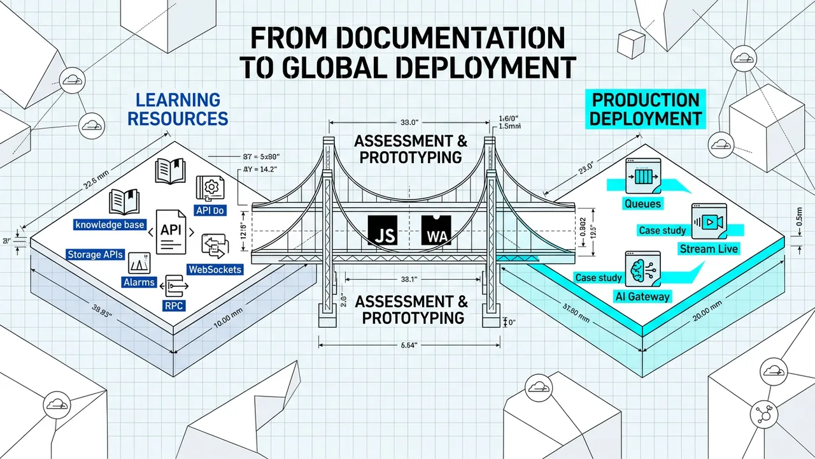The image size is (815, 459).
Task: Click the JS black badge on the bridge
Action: (384, 230)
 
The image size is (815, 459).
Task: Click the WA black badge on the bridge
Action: (436, 230)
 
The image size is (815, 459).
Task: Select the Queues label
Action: (643, 204)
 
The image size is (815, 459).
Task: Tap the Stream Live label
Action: (709, 249)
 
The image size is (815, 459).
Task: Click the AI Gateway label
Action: (642, 296)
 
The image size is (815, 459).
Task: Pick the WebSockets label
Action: (215, 270)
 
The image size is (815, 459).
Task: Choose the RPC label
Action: (174, 305)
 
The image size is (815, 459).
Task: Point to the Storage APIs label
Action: (95, 254)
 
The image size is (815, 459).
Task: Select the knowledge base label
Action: (110, 224)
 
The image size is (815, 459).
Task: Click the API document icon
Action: (174, 232)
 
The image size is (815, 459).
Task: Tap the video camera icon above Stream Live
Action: (709, 221)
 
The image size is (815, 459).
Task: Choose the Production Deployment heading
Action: (646, 109)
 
